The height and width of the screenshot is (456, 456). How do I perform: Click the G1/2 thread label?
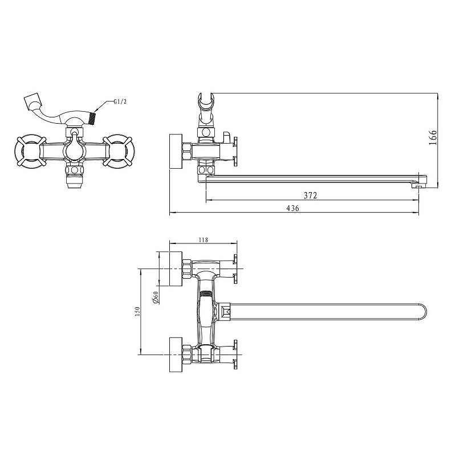click(120, 102)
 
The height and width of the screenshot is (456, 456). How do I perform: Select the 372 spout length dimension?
click(310, 195)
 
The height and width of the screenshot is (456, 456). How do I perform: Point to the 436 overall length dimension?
click(292, 209)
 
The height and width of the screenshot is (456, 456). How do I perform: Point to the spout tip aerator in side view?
click(419, 184)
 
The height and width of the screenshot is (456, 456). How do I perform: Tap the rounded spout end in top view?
click(422, 312)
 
